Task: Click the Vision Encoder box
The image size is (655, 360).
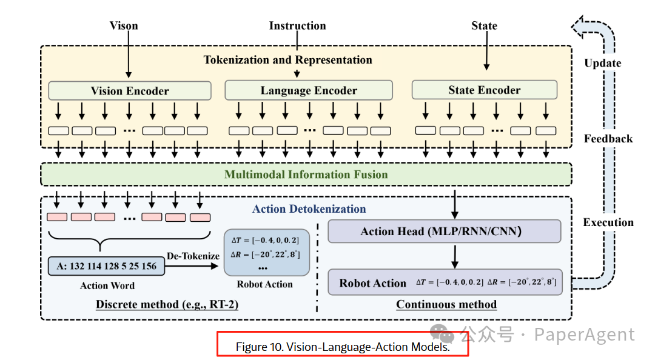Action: (130, 91)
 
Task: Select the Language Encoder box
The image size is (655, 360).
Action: (309, 90)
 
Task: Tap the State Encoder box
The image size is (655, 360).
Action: (485, 90)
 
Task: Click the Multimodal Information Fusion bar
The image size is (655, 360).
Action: (306, 174)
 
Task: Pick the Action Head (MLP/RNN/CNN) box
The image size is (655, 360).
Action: (445, 232)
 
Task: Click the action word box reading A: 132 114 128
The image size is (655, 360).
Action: (107, 266)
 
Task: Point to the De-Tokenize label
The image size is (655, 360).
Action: (193, 256)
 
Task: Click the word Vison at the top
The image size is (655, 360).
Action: (124, 25)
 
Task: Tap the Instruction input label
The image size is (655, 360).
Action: (297, 25)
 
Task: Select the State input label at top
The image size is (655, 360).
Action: (485, 25)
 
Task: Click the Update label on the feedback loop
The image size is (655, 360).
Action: (603, 63)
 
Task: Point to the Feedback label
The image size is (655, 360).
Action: (608, 139)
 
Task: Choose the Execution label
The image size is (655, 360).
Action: (608, 222)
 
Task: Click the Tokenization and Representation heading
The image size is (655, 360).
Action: (288, 60)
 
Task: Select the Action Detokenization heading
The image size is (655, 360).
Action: (309, 209)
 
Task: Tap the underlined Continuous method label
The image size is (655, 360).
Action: (446, 304)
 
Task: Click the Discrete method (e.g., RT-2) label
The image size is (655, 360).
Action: (167, 304)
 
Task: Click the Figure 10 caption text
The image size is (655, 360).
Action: (343, 347)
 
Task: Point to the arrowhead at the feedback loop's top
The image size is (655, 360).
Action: (577, 27)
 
